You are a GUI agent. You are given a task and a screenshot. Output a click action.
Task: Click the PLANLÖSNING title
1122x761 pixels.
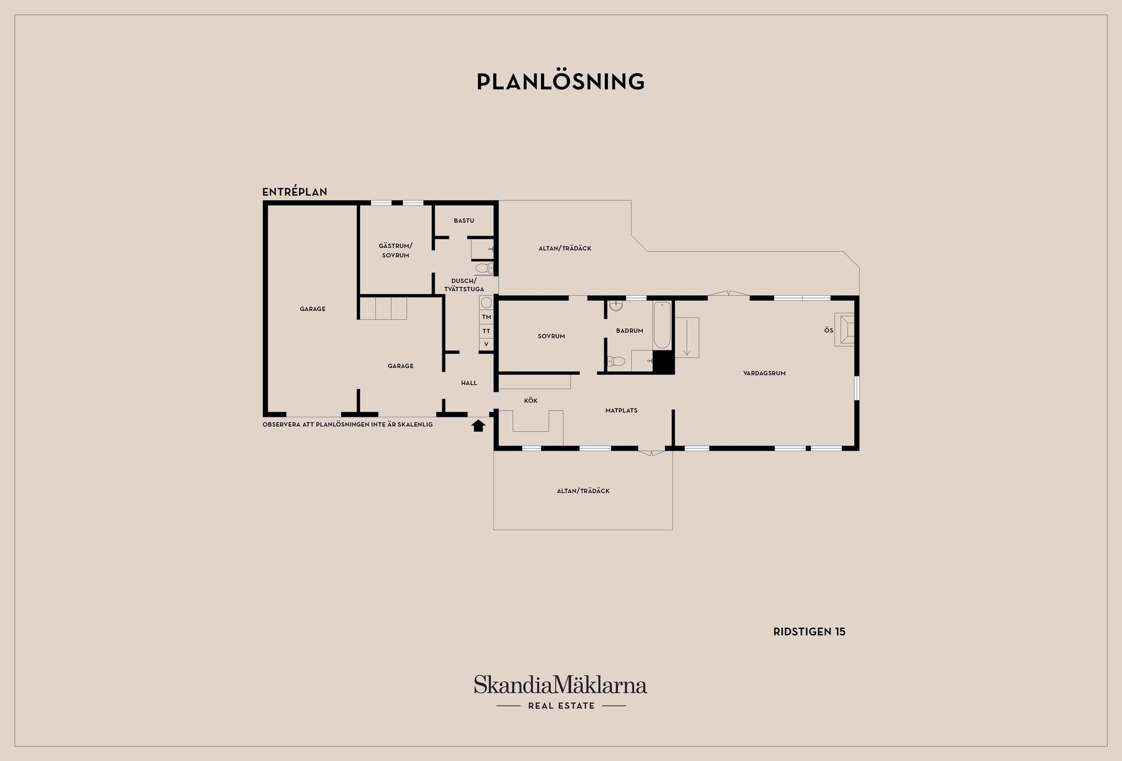tap(560, 81)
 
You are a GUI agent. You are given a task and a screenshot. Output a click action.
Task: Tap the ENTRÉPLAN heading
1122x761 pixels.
tap(295, 192)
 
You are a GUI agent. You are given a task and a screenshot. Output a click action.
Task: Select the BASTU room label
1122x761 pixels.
tap(464, 220)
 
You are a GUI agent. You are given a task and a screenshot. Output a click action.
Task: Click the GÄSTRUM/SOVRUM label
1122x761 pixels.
tap(396, 250)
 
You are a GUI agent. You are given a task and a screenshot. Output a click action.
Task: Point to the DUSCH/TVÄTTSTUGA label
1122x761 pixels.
tap(464, 285)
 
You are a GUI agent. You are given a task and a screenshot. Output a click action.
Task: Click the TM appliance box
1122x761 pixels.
tap(486, 317)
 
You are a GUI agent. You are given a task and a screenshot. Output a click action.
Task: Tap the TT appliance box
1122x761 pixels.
tap(486, 331)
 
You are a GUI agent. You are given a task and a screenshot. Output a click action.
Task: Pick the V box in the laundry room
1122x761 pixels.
tap(486, 344)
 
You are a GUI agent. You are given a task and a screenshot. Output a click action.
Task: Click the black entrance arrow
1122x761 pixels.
tap(479, 426)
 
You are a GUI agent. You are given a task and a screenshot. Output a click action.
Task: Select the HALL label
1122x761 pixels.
tap(469, 383)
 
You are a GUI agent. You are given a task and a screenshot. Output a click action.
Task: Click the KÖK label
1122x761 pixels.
tap(531, 400)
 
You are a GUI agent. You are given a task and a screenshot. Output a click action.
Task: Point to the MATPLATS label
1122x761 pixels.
tap(621, 410)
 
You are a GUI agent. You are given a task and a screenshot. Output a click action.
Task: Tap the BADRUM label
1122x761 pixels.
tap(629, 331)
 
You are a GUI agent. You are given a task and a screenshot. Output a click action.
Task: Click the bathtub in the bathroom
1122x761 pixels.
tap(662, 325)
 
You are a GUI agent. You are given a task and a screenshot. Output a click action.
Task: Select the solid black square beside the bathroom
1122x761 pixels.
tap(663, 362)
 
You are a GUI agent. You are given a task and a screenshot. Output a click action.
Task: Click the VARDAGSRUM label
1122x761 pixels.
tap(764, 373)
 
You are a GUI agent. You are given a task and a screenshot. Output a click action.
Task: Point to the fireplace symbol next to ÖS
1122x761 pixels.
tap(844, 330)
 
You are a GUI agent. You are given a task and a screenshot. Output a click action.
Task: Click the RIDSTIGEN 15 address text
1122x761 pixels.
tap(809, 632)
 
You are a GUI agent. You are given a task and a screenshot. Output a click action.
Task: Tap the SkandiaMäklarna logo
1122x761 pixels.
tap(560, 692)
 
